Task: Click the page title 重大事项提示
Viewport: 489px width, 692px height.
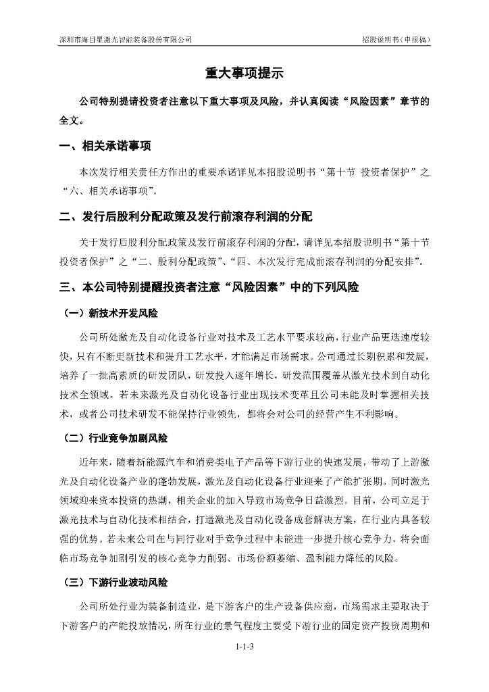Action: click(244, 73)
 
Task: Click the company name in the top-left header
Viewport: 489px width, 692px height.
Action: click(125, 40)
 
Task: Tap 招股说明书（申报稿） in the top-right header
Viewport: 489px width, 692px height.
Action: click(395, 40)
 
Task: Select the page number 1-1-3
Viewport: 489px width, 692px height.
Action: click(244, 647)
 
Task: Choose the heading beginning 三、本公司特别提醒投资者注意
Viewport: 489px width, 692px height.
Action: click(209, 287)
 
